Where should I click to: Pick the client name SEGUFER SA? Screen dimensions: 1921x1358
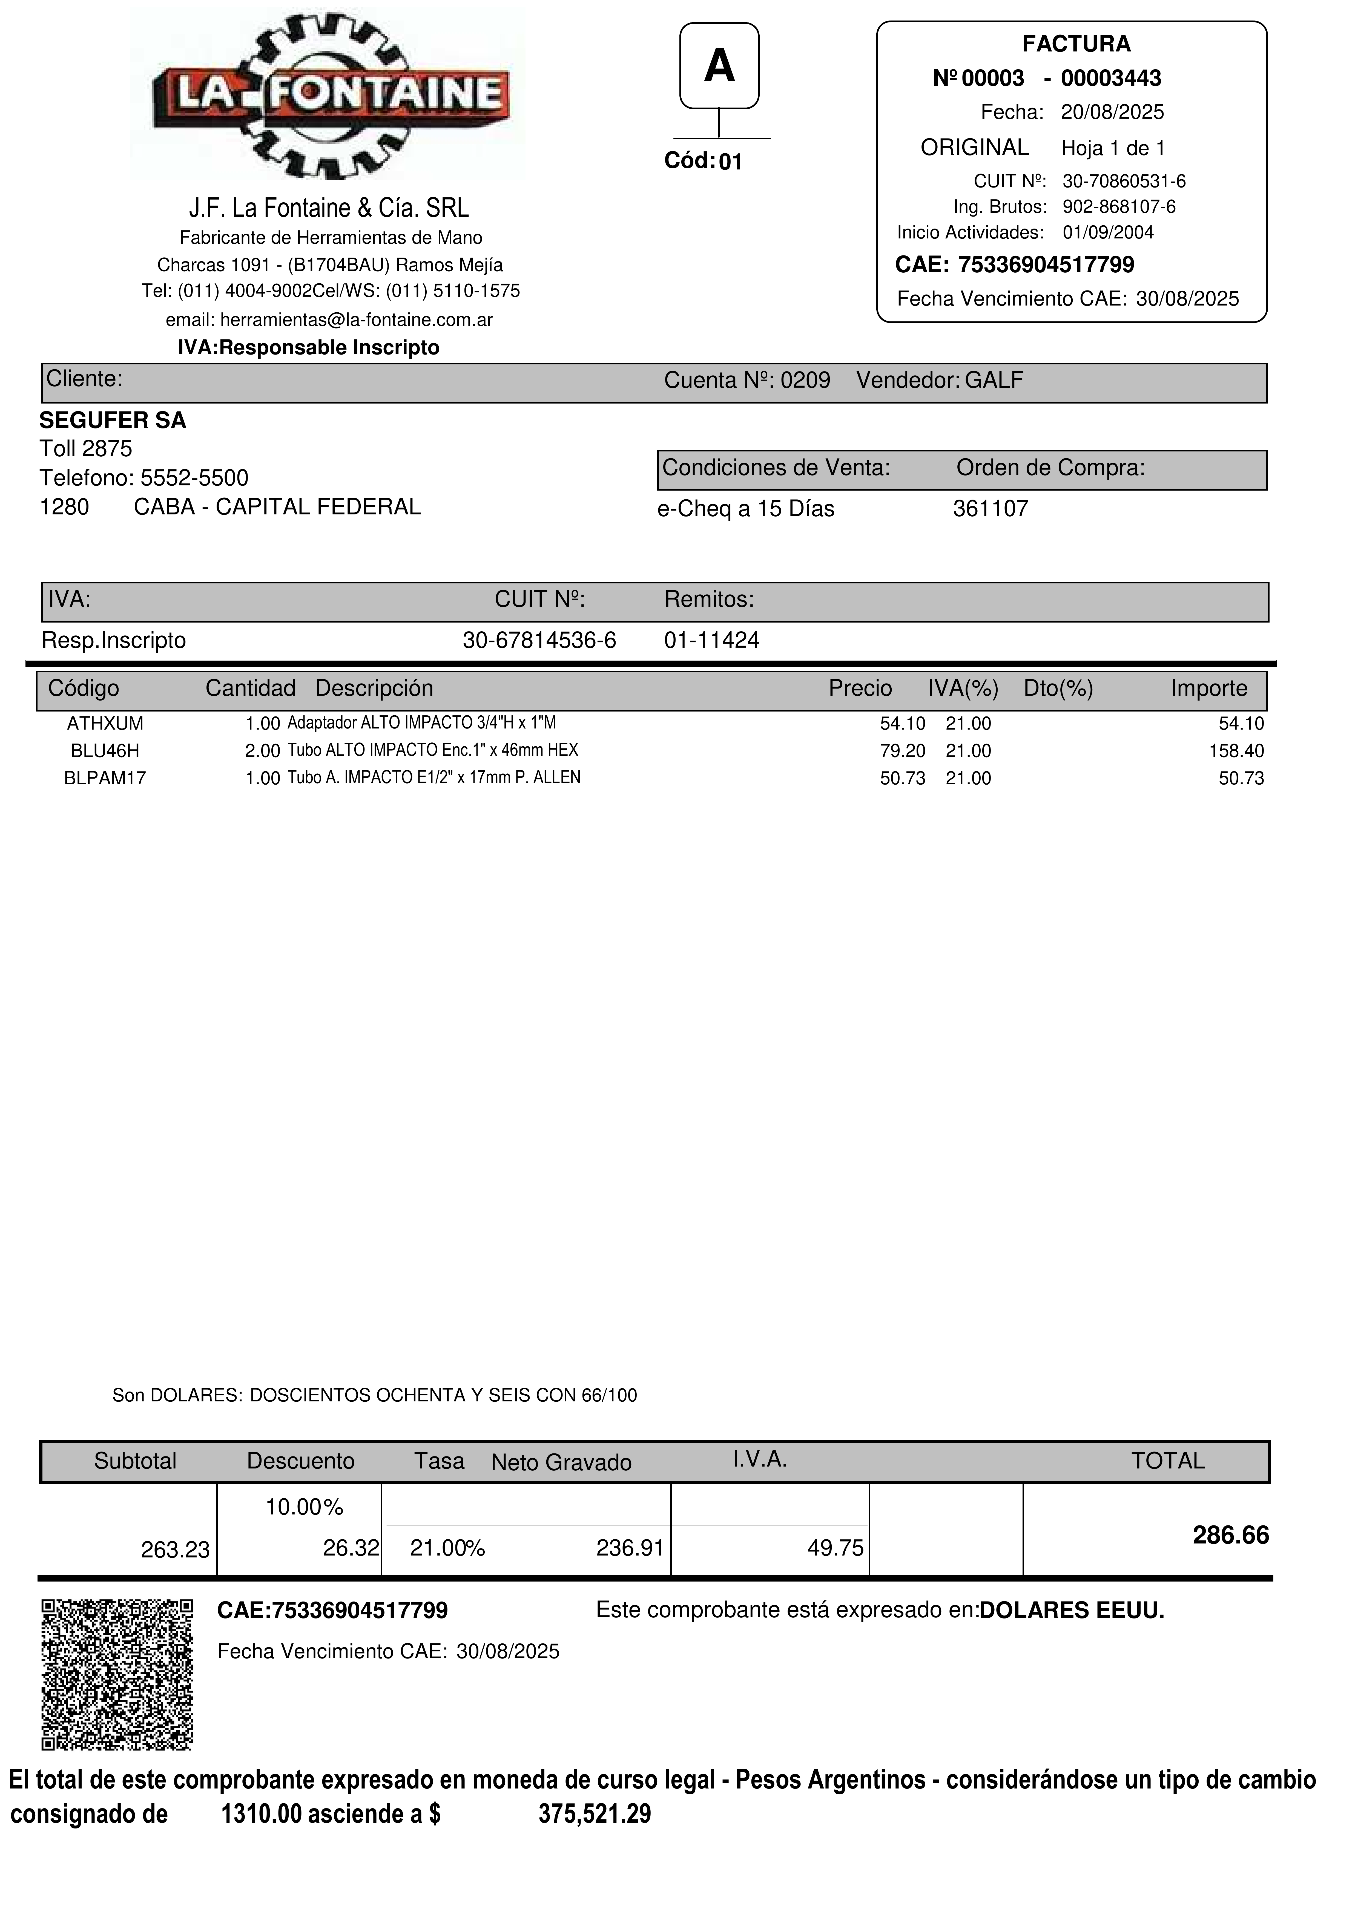click(113, 420)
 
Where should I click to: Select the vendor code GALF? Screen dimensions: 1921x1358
click(994, 381)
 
